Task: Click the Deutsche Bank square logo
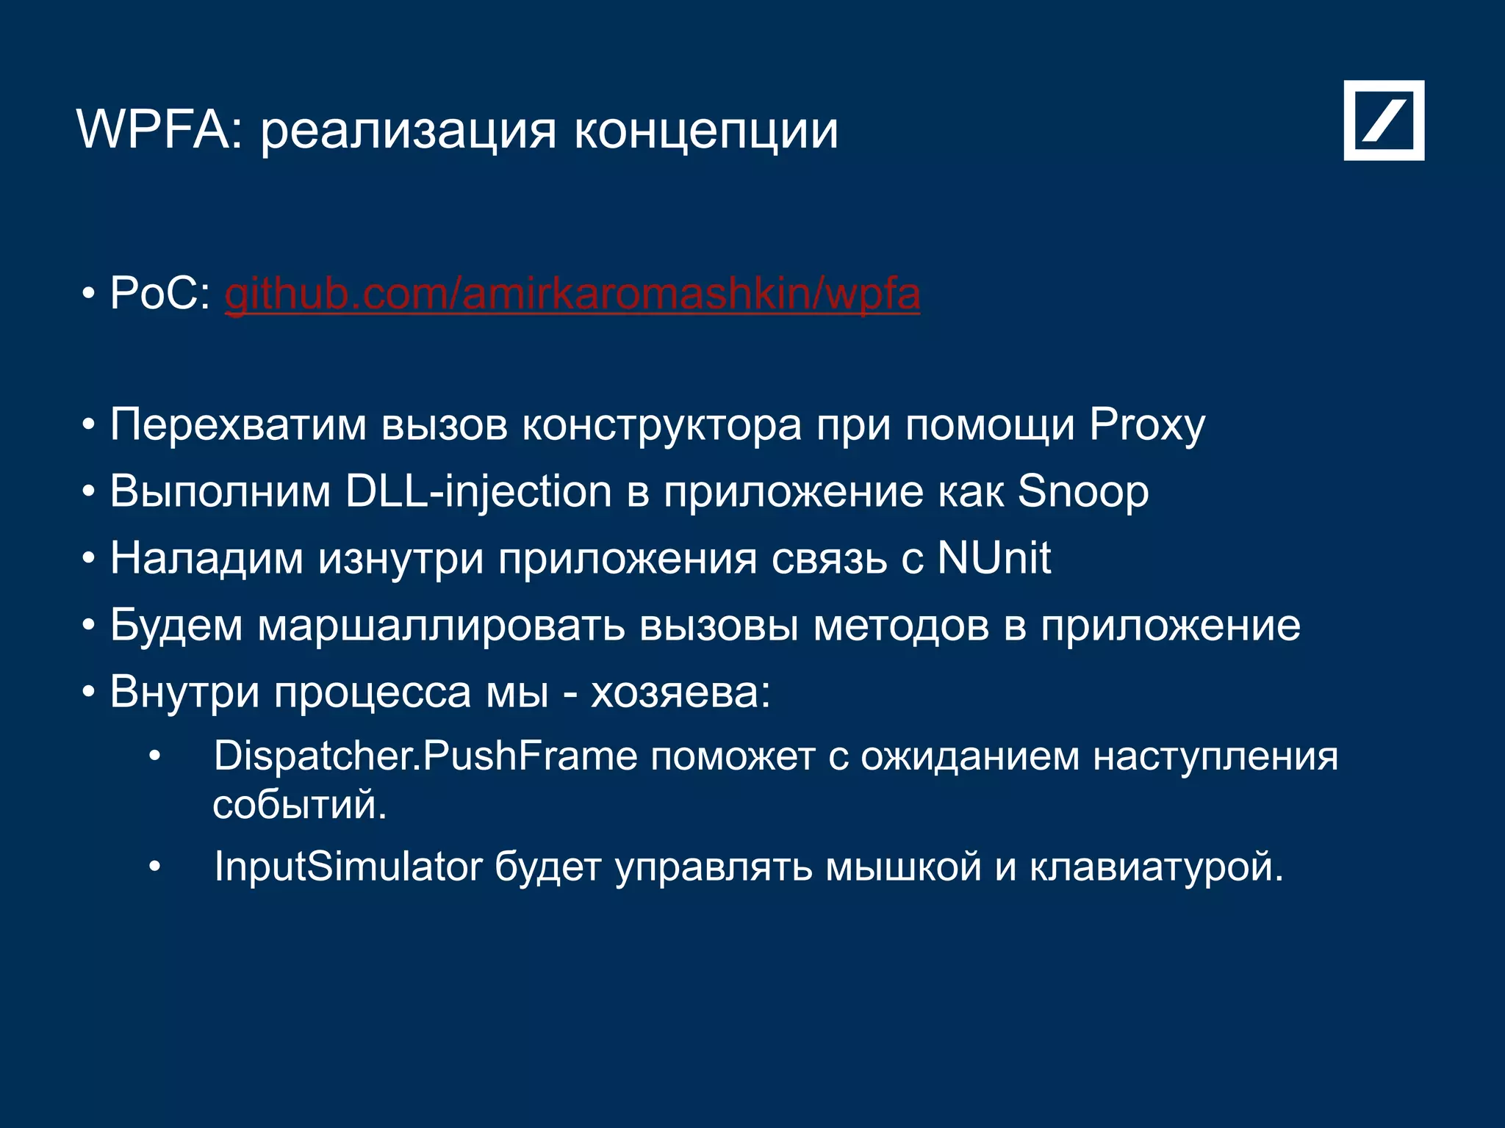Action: [1384, 120]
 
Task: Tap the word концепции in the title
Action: [705, 132]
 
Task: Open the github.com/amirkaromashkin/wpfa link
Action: [572, 294]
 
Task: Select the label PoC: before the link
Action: [160, 294]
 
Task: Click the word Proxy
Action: [1146, 425]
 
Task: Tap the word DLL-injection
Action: [478, 492]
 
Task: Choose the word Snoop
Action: [1082, 492]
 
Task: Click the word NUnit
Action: [994, 558]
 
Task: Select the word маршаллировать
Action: [440, 626]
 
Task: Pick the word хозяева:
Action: [680, 692]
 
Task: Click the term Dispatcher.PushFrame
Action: [425, 756]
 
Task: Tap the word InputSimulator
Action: [348, 867]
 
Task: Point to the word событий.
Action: [299, 805]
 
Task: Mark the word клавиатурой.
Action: [1156, 867]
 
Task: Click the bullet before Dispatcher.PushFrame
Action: [154, 757]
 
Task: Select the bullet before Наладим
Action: [89, 559]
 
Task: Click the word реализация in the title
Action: [409, 132]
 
